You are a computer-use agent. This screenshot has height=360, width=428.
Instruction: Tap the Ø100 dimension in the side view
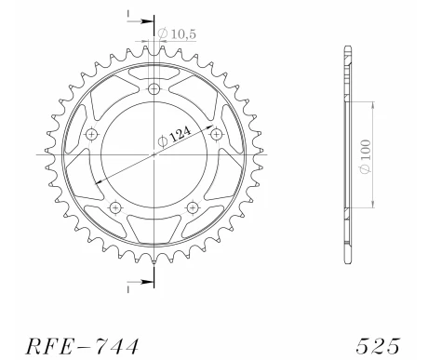[x=371, y=153]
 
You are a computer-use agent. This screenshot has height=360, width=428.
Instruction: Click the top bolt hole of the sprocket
[x=154, y=89]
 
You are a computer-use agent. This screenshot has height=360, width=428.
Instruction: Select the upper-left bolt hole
[x=91, y=135]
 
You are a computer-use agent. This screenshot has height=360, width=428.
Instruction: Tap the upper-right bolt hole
[x=215, y=134]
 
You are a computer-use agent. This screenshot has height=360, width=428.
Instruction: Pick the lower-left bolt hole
[x=114, y=207]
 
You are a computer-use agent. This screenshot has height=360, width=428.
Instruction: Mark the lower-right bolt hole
[x=193, y=207]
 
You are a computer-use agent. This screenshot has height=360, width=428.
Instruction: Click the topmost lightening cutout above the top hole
[x=154, y=72]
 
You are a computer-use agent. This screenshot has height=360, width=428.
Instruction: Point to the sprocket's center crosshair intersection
[x=154, y=153]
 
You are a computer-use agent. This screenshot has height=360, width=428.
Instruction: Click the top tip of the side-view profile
[x=348, y=46]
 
